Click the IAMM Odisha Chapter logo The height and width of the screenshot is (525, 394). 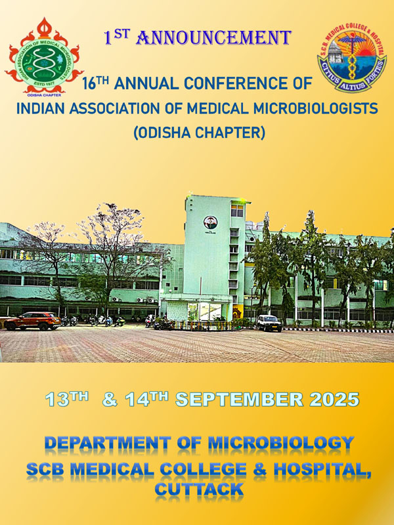point(44,57)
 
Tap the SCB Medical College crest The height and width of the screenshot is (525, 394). point(352,58)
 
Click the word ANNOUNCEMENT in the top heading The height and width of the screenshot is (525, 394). point(214,37)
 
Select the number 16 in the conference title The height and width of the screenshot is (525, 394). point(89,84)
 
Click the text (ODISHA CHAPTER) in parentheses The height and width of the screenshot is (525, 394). point(200,133)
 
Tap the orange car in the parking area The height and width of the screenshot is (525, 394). point(32,321)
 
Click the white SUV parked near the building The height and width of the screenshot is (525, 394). point(269,323)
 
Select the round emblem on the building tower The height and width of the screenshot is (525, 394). point(210,222)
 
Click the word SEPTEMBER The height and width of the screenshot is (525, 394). point(239,400)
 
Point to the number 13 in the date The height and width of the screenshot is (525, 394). point(57,400)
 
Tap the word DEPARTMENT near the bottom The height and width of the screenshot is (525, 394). point(108,443)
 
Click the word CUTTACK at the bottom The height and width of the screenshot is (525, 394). point(199,490)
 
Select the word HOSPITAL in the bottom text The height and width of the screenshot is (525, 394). point(322,469)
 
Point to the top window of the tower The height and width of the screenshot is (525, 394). point(237,211)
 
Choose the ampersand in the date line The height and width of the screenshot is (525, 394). point(110,400)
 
